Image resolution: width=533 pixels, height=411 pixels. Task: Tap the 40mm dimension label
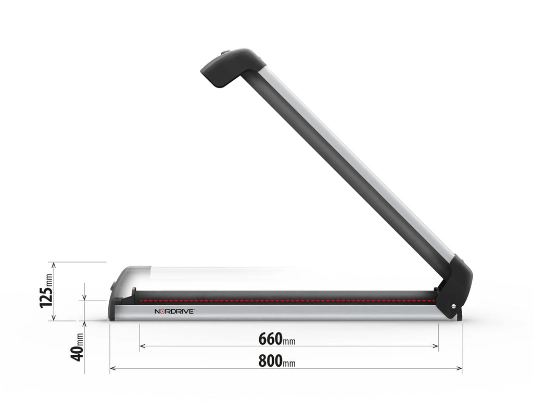pyautogui.click(x=77, y=347)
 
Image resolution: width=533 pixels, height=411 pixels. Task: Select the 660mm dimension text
pyautogui.click(x=276, y=339)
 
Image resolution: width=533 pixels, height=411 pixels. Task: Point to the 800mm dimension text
pyautogui.click(x=276, y=361)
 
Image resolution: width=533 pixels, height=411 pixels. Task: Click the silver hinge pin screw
pyautogui.click(x=453, y=306)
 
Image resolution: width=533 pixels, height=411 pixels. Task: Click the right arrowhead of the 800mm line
pyautogui.click(x=460, y=368)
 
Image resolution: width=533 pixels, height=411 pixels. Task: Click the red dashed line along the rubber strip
pyautogui.click(x=286, y=301)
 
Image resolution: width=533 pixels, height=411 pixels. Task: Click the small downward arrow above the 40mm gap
pyautogui.click(x=84, y=297)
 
